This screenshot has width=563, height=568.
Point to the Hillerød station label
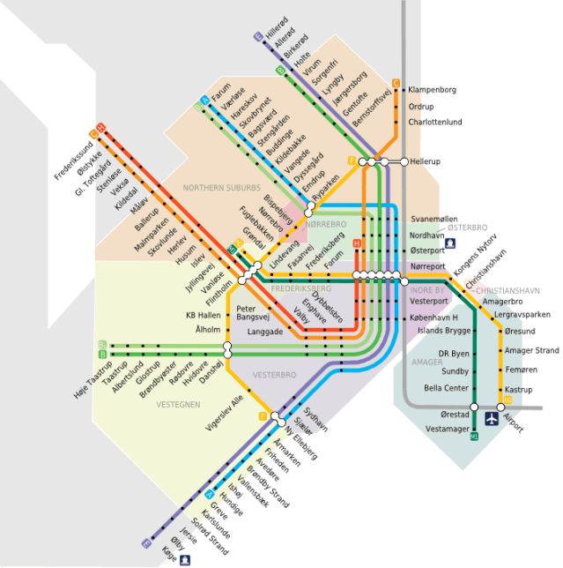tap(277, 26)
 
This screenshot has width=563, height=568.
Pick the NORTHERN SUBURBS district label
tap(222, 188)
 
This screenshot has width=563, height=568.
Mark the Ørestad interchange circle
tap(474, 407)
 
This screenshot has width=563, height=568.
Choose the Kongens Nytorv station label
tap(476, 251)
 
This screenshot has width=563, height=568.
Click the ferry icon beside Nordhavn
tap(450, 243)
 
